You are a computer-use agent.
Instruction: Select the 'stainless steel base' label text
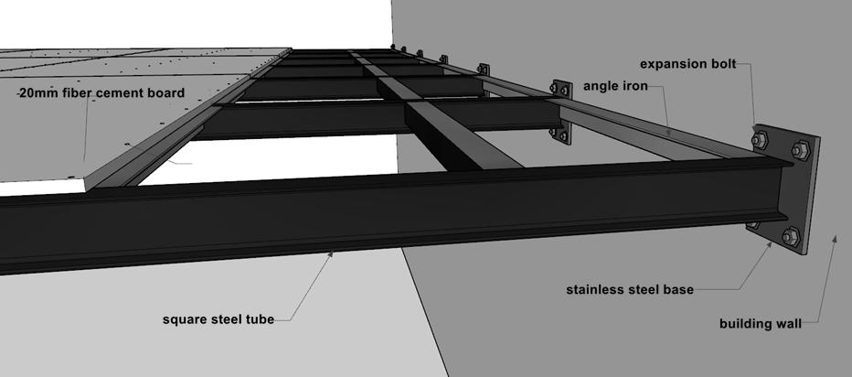pos(630,290)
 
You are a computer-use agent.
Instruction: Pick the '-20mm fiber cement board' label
pos(101,92)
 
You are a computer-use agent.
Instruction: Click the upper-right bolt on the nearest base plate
pos(800,150)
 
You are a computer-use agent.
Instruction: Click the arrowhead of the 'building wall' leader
pos(834,235)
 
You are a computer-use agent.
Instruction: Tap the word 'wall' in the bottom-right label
pos(786,323)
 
